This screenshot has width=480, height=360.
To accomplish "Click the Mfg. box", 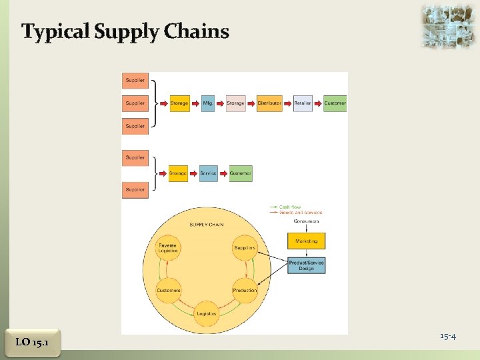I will pos(208,103).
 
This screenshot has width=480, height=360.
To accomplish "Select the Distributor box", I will pos(269,103).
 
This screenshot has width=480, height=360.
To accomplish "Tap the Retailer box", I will pos(303,103).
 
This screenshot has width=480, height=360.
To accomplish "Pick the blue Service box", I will pos(209,173).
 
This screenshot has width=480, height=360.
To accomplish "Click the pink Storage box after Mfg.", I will pos(236,103).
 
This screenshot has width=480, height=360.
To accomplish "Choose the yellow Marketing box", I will pos(306,241).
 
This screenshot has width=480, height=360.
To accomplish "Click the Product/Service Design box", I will pos(307,265).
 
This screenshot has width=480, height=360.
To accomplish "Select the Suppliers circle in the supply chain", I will pos(245,247).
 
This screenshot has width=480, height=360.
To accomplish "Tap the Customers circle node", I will pos(168,291).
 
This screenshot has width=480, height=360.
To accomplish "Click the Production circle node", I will pos(245,291).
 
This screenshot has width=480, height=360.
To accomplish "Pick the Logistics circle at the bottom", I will pos(207,313).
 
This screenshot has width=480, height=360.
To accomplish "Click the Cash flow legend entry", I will pos(290,207).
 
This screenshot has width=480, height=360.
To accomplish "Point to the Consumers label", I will pos(305,221).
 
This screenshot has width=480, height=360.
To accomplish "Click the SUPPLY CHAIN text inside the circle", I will pos(207,225).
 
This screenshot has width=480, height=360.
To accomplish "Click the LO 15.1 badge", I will pos(31,342).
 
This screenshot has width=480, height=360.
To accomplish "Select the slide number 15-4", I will pos(447,336).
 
